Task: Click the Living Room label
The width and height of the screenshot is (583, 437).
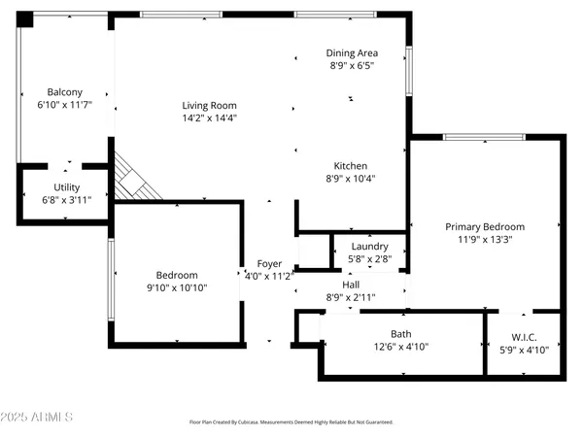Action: [209, 106]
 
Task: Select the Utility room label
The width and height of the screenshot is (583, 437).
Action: [67, 187]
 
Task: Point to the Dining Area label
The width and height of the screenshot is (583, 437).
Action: [351, 52]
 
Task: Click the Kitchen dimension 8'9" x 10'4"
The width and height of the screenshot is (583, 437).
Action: [351, 178]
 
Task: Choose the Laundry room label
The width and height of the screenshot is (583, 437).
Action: [369, 247]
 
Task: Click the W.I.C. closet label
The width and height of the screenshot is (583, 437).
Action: [523, 337]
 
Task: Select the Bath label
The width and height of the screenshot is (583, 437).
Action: [400, 334]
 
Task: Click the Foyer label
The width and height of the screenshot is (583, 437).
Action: [269, 264]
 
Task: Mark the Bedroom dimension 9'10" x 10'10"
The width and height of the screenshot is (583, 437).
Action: [177, 287]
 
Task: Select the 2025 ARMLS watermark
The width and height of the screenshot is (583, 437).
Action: [39, 417]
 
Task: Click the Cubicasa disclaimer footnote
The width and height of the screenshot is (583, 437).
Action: [291, 422]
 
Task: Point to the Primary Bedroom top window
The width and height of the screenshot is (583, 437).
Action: [472, 137]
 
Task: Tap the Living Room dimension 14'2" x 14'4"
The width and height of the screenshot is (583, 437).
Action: [209, 118]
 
